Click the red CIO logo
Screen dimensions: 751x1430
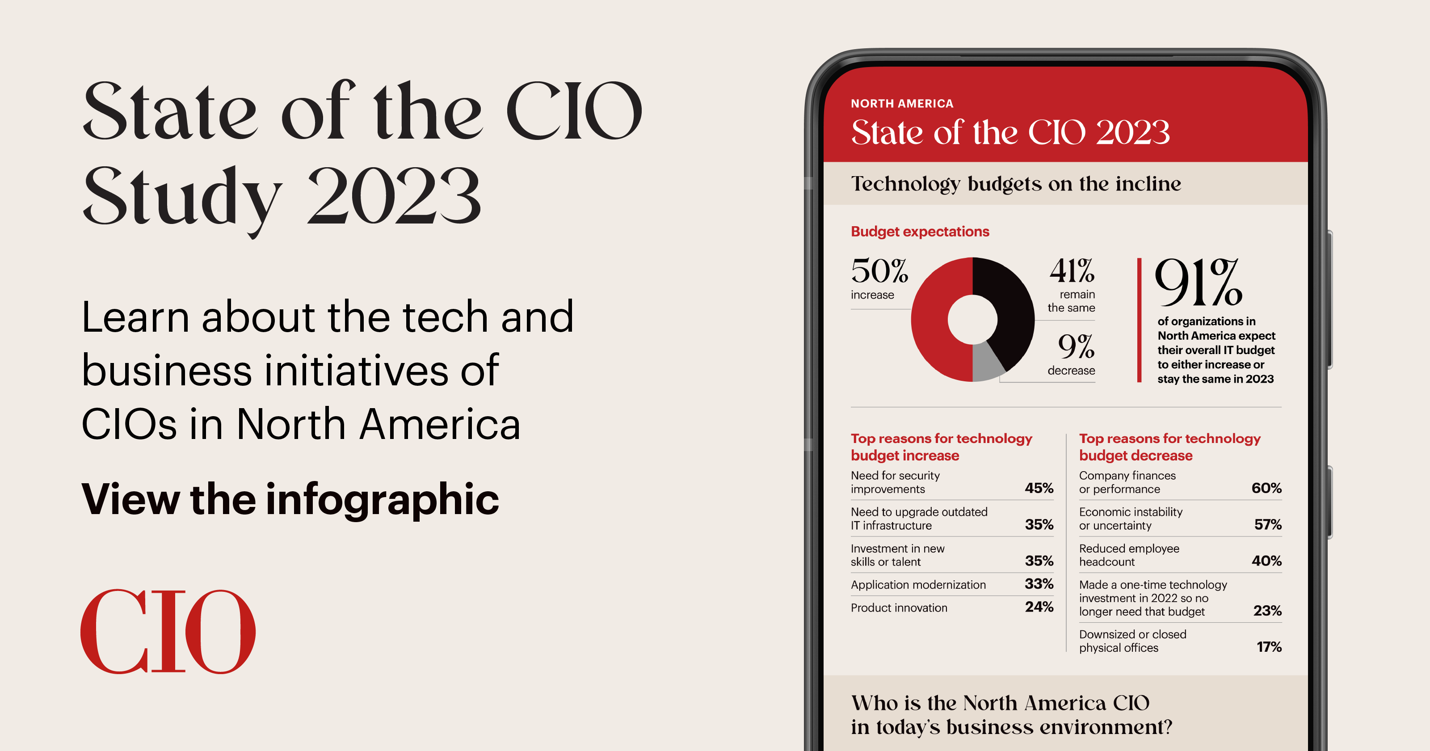[x=168, y=632]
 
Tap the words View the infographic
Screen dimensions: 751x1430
[x=290, y=499]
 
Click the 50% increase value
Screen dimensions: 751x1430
[x=879, y=272]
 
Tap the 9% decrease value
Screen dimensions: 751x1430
[x=1075, y=347]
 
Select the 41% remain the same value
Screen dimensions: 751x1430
[x=1072, y=272]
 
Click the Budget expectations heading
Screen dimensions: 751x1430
[x=920, y=232]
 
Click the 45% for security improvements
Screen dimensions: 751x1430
[x=1039, y=488]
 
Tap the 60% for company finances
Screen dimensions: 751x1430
[x=1266, y=488]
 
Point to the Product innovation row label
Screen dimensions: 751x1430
[x=899, y=608]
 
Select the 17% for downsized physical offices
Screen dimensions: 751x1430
[x=1269, y=647]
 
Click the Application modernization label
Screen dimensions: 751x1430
[x=918, y=585]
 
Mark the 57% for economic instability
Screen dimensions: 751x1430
[x=1267, y=524]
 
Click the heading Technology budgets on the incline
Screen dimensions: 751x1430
[x=1016, y=184]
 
